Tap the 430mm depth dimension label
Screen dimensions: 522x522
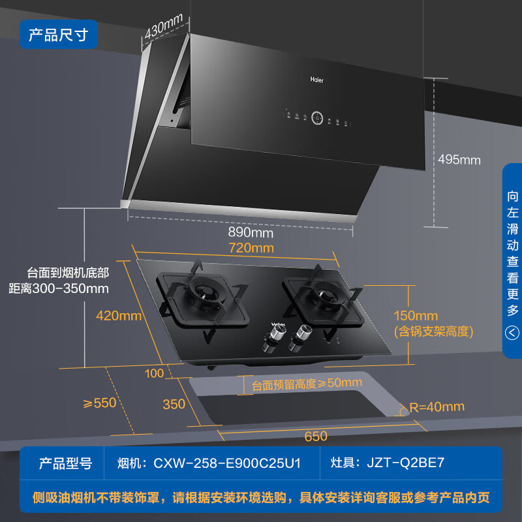pos(163,29)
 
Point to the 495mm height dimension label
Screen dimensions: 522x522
pos(459,160)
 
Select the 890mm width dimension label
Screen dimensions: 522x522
pos(251,232)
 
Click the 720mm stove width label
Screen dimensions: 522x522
pos(251,248)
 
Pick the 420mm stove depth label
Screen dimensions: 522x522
pos(118,316)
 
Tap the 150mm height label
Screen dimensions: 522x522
pos(416,316)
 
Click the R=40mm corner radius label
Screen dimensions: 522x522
pos(437,407)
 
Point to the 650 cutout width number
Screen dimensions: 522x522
pos(315,436)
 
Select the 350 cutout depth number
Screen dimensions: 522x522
pos(174,404)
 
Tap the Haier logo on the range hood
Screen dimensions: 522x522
pos(316,80)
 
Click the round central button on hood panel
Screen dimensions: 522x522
pos(318,118)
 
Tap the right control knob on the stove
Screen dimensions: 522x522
pos(302,334)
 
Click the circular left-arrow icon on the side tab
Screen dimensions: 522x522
pos(513,333)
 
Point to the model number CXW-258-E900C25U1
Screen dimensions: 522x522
pos(226,463)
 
